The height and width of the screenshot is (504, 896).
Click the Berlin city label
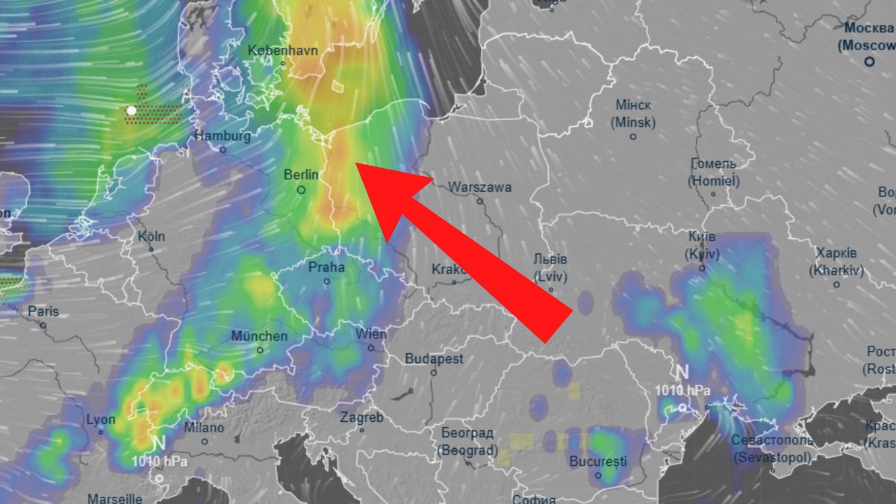(x=301, y=175)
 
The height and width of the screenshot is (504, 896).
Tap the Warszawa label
(x=481, y=187)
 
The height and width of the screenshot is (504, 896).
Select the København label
(x=283, y=51)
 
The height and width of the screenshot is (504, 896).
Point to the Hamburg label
(x=223, y=136)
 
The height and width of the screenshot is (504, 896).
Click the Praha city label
(x=326, y=267)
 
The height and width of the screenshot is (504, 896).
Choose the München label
(x=259, y=336)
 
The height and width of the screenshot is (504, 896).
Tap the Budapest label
(x=434, y=359)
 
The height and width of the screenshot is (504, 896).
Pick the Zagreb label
(x=361, y=418)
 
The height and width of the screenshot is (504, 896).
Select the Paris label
(x=43, y=311)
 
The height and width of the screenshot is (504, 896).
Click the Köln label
(x=152, y=236)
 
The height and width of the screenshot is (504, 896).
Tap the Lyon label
(x=101, y=420)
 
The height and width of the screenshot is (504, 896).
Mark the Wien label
(x=371, y=334)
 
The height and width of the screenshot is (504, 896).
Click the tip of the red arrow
(x=355, y=163)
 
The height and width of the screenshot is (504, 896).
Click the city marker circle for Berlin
(x=302, y=190)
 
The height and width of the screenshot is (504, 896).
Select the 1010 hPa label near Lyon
(x=159, y=461)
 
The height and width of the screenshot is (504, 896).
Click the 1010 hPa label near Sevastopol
(x=682, y=391)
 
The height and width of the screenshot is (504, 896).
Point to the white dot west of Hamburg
(x=131, y=111)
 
